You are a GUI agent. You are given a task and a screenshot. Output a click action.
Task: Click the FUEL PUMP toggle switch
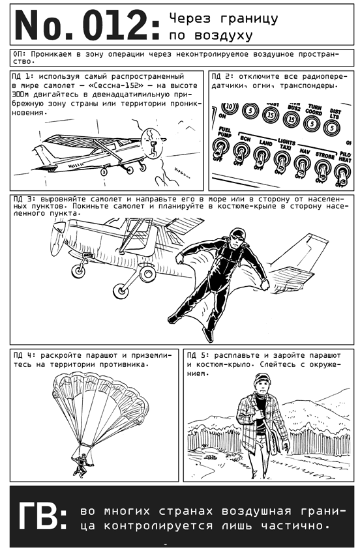tap(219, 149)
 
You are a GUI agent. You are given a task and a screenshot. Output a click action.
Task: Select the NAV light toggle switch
tap(302, 165)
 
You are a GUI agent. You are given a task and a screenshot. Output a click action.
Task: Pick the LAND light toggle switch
tap(261, 157)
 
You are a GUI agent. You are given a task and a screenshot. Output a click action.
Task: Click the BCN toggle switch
tap(241, 153)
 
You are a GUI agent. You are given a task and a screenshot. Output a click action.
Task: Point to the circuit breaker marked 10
tap(230, 107)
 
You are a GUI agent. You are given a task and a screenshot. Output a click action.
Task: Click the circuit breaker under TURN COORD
tap(312, 124)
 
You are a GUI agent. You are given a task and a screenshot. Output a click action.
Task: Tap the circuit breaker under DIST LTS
tap(331, 128)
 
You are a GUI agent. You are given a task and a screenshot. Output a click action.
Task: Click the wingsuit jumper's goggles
tap(236, 237)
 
